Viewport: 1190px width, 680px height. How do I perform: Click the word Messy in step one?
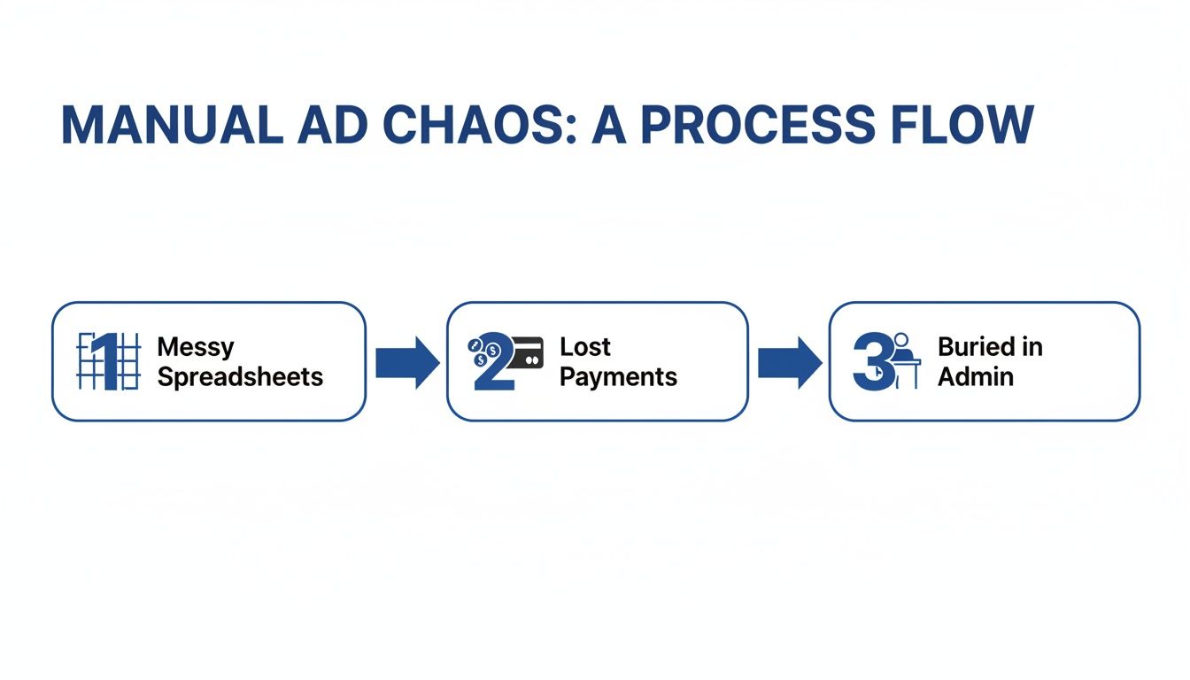tap(196, 346)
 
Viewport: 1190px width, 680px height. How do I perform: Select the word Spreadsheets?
tap(240, 377)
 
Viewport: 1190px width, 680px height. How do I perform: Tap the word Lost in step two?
tap(585, 346)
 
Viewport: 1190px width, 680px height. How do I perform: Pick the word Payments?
tap(618, 377)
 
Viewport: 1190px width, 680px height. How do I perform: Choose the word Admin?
tap(975, 377)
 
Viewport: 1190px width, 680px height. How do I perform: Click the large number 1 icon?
tap(108, 361)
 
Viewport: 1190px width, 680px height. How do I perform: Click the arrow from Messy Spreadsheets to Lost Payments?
tap(406, 362)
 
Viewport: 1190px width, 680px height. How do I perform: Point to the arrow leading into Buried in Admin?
tap(789, 362)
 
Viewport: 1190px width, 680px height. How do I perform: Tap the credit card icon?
tap(527, 352)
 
